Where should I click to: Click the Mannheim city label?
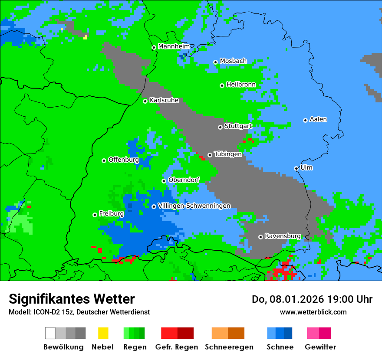pyautogui.click(x=174, y=46)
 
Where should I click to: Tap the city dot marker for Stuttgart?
pyautogui.click(x=220, y=127)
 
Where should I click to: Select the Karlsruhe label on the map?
pyautogui.click(x=164, y=100)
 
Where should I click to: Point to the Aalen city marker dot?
pyautogui.click(x=305, y=120)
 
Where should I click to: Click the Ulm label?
pyautogui.click(x=306, y=167)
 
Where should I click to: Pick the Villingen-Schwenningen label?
pyautogui.click(x=194, y=206)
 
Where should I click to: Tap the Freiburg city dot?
pyautogui.click(x=95, y=215)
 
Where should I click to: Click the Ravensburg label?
pyautogui.click(x=283, y=236)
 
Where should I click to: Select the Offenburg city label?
pyautogui.click(x=123, y=160)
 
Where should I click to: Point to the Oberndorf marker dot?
pyautogui.click(x=164, y=181)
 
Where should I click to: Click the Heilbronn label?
pyautogui.click(x=241, y=85)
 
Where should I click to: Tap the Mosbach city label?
pyautogui.click(x=233, y=61)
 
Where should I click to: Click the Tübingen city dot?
pyautogui.click(x=210, y=155)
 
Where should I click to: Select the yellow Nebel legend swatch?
pyautogui.click(x=103, y=333)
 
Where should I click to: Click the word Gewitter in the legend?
pyautogui.click(x=320, y=347)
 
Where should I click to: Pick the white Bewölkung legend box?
pyautogui.click(x=50, y=333)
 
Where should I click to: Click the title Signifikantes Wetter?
pyautogui.click(x=72, y=299)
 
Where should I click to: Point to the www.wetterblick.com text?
pyautogui.click(x=313, y=312)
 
